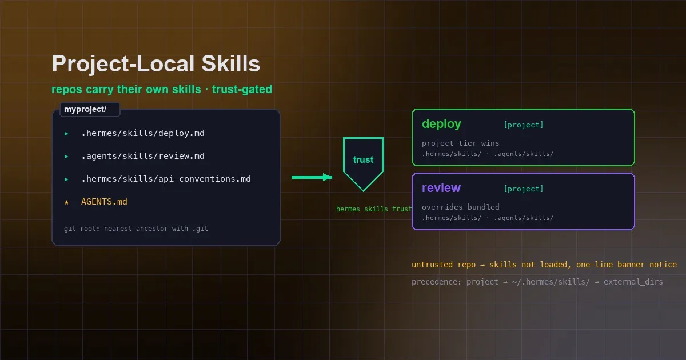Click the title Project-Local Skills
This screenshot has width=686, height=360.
(x=156, y=64)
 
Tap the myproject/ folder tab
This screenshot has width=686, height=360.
(x=90, y=109)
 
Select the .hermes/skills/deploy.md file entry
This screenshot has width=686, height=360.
(x=143, y=133)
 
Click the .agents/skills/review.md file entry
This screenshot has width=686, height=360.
(x=143, y=156)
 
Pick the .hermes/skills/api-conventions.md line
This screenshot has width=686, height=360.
(x=166, y=179)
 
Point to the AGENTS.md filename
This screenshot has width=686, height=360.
(x=104, y=202)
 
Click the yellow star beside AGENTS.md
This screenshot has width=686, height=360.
(x=66, y=202)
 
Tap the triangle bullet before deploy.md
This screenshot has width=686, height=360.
(x=66, y=134)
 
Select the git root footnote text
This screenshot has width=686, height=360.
(x=136, y=229)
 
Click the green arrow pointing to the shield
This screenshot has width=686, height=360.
(x=312, y=177)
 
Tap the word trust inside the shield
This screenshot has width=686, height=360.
(x=363, y=159)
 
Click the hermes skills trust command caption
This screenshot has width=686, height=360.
(x=374, y=209)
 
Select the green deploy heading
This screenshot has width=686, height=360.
(x=441, y=124)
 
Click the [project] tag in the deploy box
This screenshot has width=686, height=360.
(x=524, y=125)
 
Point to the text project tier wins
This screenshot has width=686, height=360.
(x=460, y=143)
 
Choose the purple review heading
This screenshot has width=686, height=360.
(x=441, y=187)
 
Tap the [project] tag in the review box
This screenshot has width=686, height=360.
(x=524, y=189)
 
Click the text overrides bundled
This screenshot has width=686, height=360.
(x=461, y=207)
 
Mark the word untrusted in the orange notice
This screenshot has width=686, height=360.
(x=432, y=265)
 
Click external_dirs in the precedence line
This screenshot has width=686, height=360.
(x=633, y=282)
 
